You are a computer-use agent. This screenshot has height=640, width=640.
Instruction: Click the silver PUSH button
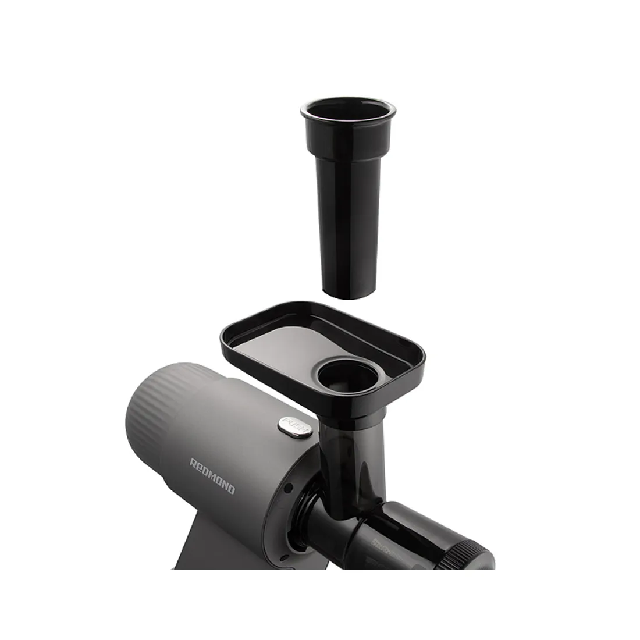tap(295, 428)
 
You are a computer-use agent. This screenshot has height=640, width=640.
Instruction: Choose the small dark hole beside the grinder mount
tap(289, 488)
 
